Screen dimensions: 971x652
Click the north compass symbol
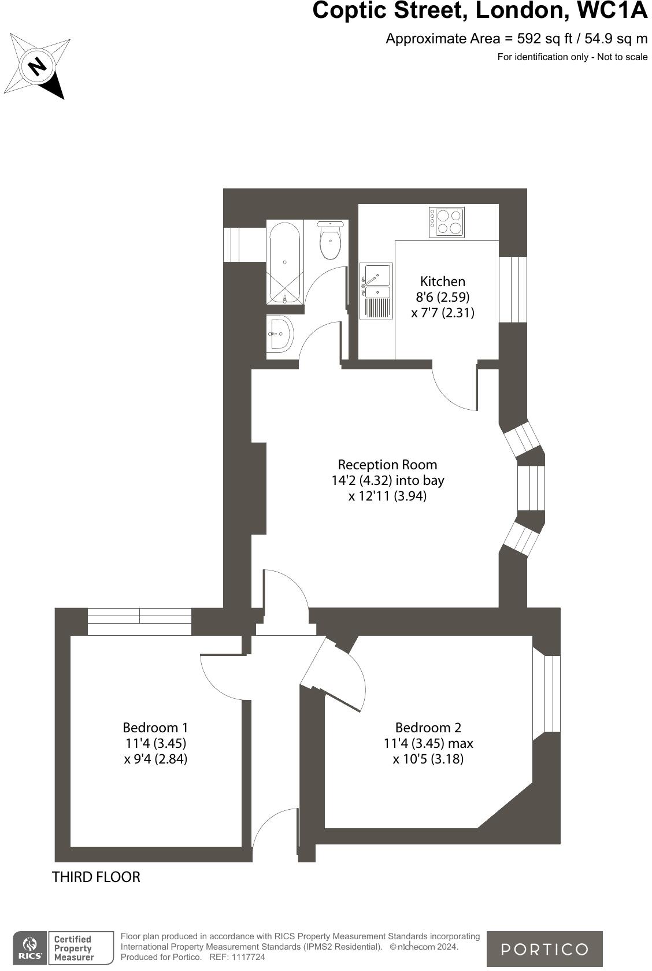[x=38, y=65]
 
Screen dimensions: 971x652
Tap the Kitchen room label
[x=442, y=282]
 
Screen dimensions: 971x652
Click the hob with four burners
[x=446, y=223]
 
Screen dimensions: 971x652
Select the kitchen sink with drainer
[x=376, y=291]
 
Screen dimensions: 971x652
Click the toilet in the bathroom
[x=330, y=242]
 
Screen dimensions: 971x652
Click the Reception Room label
[x=387, y=465]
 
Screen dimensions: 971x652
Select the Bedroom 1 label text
[x=155, y=728]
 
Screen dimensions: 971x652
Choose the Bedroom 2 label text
[x=428, y=728]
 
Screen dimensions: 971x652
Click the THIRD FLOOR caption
[x=96, y=877]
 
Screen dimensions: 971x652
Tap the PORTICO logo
[x=544, y=948]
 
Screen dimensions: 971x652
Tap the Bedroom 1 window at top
[x=139, y=621]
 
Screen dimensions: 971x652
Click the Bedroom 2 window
[x=546, y=694]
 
